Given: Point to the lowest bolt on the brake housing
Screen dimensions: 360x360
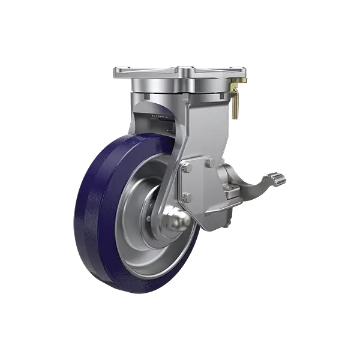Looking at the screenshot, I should pos(186,196).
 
